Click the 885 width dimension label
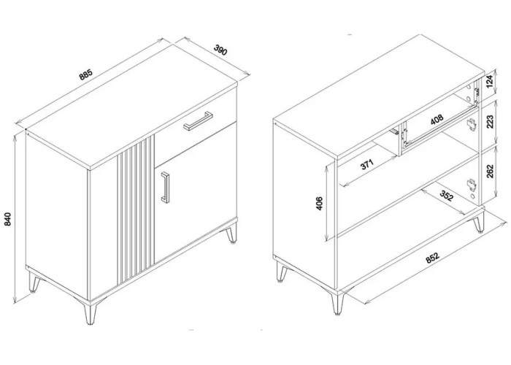click(86, 74)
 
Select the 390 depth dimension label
click(220, 50)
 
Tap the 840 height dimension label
click(8, 219)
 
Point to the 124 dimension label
click(490, 82)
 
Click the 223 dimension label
click(490, 122)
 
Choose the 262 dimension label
click(490, 171)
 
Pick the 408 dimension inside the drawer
click(437, 119)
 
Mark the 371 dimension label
click(367, 164)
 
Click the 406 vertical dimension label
click(320, 203)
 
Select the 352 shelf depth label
click(447, 196)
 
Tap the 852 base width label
click(432, 258)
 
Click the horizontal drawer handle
click(198, 121)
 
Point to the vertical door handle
click(165, 188)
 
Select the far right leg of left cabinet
click(231, 234)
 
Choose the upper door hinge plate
click(472, 124)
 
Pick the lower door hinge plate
click(472, 185)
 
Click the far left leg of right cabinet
click(281, 271)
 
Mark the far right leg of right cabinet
click(478, 222)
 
